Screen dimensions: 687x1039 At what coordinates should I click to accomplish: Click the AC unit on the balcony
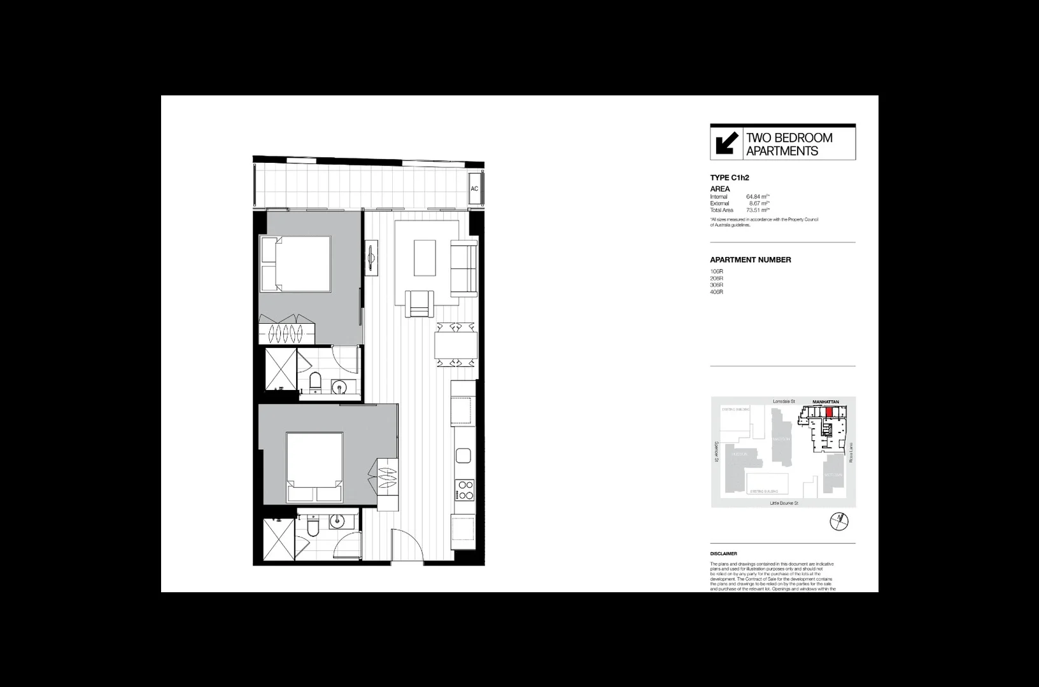474,189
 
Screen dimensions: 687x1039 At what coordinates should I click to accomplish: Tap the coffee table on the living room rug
425,257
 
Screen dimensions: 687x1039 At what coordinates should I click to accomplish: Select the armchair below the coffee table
420,303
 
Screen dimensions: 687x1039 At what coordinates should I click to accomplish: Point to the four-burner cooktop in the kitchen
465,490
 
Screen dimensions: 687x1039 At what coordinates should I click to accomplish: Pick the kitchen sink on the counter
463,455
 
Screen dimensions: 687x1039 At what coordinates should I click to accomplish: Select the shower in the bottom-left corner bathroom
279,539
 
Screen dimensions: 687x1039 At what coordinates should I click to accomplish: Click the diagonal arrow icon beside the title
726,142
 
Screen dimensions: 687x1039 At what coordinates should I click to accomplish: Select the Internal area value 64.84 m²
758,197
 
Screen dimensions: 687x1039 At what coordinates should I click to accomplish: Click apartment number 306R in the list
717,285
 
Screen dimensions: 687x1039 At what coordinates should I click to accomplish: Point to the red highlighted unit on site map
829,412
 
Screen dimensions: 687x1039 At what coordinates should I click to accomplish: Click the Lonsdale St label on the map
784,402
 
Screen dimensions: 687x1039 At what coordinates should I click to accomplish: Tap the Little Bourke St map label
784,503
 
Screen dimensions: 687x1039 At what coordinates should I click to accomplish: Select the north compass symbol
840,522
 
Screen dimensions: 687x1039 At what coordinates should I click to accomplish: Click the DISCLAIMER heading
723,554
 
